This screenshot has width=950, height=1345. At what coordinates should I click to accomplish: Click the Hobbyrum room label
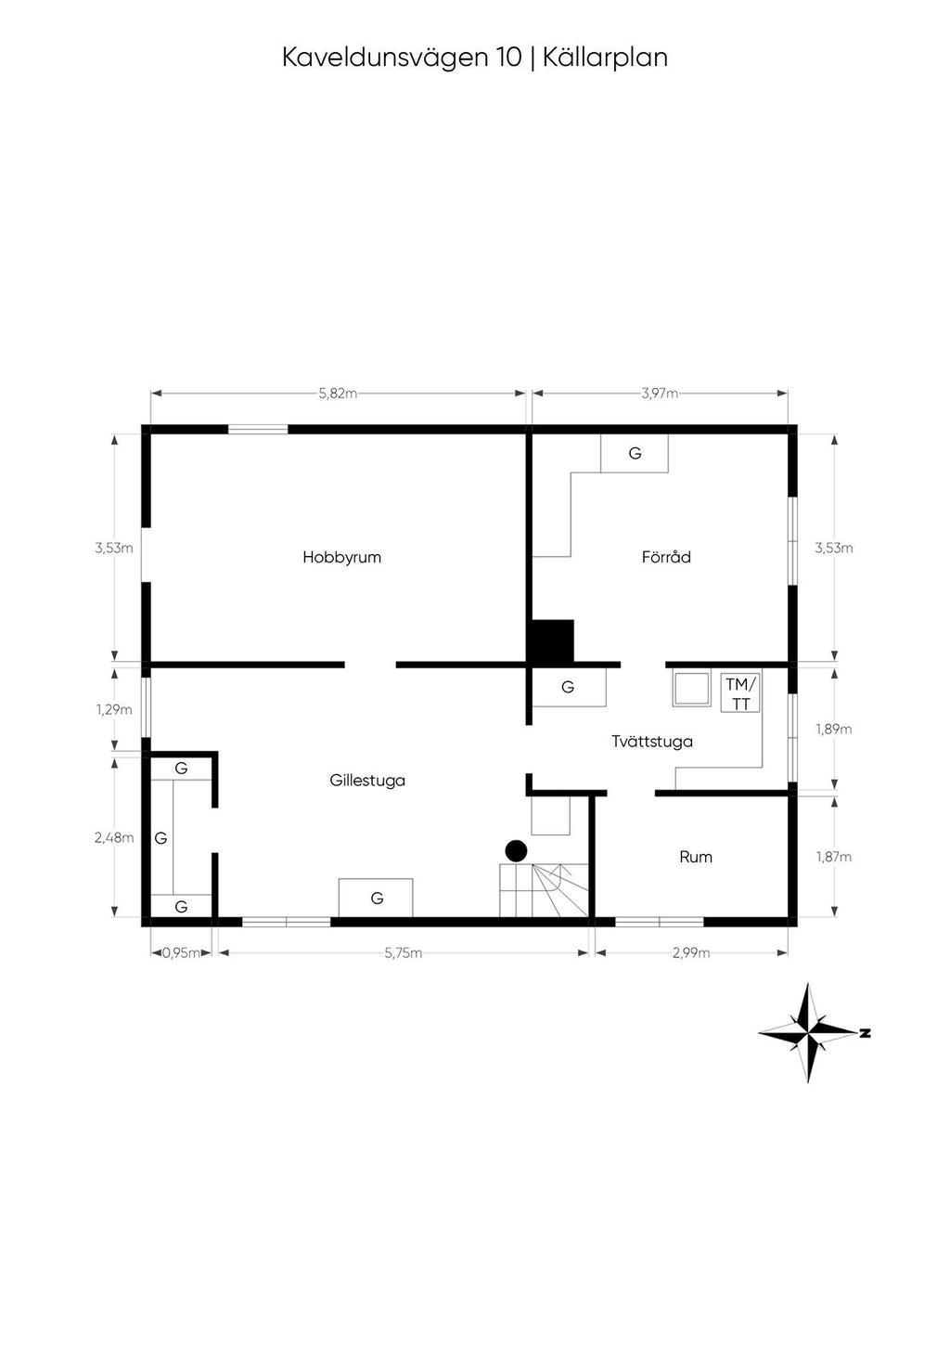point(341,558)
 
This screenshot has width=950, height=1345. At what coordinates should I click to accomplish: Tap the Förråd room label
point(666,558)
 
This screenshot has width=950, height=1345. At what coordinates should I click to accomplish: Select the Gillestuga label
point(367,781)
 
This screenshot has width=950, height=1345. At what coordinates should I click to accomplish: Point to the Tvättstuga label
point(652,742)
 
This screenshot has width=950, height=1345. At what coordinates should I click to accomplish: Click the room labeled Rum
point(696,857)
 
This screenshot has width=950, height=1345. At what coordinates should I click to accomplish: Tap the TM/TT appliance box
point(741,693)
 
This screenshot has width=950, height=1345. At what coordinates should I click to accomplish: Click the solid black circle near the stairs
point(516,850)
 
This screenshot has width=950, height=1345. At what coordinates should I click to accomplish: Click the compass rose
point(811,1032)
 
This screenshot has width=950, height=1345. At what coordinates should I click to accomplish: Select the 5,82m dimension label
point(338,394)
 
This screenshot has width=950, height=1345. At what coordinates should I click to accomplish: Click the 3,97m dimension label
point(660,394)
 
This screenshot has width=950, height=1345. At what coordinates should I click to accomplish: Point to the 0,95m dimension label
point(181,952)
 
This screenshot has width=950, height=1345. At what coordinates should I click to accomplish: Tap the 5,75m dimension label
point(403,952)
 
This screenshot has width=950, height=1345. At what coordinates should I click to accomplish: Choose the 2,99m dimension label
point(690,952)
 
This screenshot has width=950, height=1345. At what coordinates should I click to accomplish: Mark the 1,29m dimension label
point(114,710)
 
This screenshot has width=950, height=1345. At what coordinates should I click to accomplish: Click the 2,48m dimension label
point(114,837)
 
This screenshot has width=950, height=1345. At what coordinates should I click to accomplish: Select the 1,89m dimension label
point(834,730)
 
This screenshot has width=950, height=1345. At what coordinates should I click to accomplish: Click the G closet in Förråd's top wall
point(635,454)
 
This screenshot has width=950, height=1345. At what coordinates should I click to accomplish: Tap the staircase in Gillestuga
point(545,889)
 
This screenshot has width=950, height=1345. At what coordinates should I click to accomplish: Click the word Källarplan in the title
point(605,58)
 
